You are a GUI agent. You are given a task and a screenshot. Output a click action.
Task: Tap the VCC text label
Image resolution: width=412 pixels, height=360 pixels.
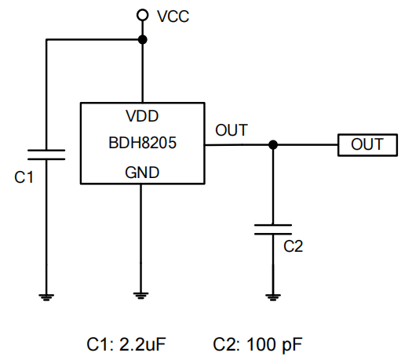pyautogui.click(x=173, y=16)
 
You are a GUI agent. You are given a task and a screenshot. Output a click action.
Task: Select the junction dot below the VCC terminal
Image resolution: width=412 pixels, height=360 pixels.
pyautogui.click(x=142, y=40)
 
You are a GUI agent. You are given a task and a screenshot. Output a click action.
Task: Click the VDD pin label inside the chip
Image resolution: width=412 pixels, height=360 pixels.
pyautogui.click(x=142, y=116)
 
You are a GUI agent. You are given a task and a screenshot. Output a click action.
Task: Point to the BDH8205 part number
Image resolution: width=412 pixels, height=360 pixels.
pyautogui.click(x=142, y=143)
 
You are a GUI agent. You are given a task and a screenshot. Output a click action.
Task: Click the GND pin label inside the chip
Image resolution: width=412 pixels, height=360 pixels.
pyautogui.click(x=142, y=173)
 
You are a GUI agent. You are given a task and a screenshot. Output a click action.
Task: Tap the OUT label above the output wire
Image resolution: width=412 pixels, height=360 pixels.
pyautogui.click(x=232, y=130)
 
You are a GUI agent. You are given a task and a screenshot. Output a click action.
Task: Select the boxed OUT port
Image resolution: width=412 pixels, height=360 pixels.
pyautogui.click(x=367, y=145)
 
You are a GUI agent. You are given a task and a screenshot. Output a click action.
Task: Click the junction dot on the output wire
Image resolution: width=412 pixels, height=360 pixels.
pyautogui.click(x=273, y=144)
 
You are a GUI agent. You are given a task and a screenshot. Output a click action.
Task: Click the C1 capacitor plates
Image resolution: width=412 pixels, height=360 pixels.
pyautogui.click(x=46, y=155)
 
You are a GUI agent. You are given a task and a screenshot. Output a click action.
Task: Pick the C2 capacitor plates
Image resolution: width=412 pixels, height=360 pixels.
pyautogui.click(x=273, y=230)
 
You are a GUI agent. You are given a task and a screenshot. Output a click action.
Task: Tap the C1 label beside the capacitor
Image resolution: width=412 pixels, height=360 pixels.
pyautogui.click(x=24, y=177)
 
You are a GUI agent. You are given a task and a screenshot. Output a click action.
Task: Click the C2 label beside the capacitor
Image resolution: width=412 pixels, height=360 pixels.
pyautogui.click(x=293, y=246)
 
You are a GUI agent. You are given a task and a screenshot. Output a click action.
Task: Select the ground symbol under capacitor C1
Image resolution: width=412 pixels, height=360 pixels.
pyautogui.click(x=46, y=297)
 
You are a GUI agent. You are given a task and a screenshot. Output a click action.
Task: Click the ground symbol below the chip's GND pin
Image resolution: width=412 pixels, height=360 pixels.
pyautogui.click(x=140, y=296)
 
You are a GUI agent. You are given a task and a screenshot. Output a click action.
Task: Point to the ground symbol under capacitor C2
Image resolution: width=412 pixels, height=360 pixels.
pyautogui.click(x=273, y=297)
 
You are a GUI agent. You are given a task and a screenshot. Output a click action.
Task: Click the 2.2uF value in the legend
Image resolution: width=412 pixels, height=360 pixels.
pyautogui.click(x=142, y=344)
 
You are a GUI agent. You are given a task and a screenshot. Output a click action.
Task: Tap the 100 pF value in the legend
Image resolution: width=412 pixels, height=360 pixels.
pyautogui.click(x=275, y=345)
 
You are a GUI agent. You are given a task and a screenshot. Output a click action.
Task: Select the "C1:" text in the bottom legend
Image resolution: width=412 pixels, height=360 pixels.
pyautogui.click(x=100, y=344)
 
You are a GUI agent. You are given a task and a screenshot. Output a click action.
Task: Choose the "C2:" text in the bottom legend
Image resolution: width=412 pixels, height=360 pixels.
pyautogui.click(x=227, y=344)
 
